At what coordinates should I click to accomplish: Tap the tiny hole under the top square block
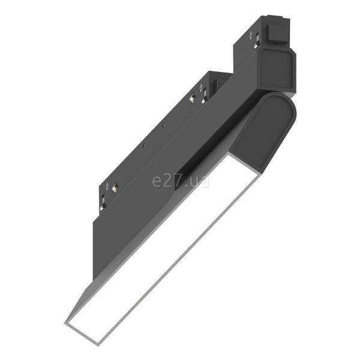(x=274, y=43)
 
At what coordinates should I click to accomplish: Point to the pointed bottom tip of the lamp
(x=65, y=323)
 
